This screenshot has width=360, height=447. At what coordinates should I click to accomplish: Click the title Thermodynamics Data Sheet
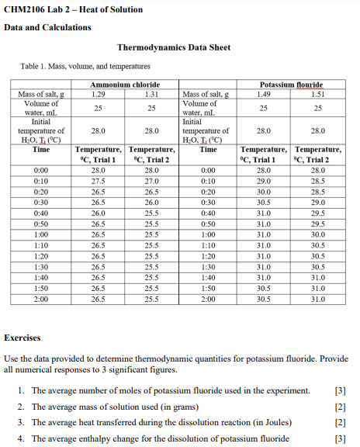click(x=173, y=47)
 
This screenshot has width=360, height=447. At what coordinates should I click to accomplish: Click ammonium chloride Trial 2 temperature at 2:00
click(x=152, y=298)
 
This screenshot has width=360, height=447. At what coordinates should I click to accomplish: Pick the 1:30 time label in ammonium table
click(x=43, y=265)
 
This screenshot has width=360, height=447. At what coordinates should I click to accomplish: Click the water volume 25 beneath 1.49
click(x=264, y=107)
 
